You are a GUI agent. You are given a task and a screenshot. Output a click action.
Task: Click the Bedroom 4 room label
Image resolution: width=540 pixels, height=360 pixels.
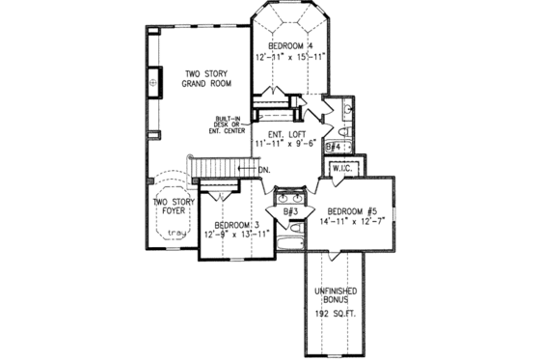290,45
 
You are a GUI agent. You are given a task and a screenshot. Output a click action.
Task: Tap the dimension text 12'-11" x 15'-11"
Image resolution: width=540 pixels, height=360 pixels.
290,58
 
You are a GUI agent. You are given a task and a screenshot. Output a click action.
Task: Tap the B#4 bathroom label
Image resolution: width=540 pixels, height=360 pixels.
334,147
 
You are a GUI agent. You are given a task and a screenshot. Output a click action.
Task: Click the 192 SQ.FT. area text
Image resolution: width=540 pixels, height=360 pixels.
335,314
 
